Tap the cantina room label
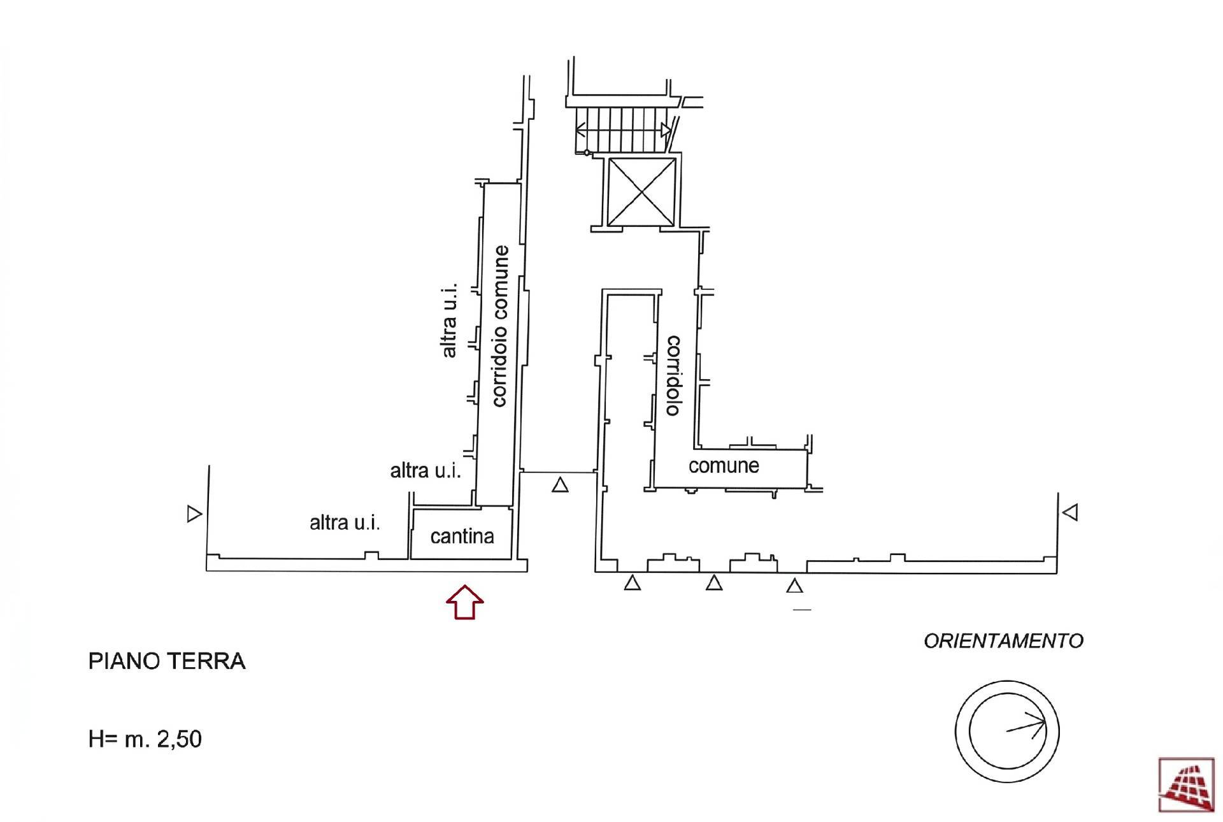462,537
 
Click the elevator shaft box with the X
641,192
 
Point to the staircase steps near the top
622,129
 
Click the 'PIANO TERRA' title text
166,661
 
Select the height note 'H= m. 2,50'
145,739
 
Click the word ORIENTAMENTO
1003,640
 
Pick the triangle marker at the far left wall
194,514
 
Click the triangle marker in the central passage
560,486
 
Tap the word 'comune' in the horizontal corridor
724,466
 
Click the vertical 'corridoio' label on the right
673,376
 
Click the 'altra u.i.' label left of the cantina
345,523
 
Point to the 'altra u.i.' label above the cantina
425,471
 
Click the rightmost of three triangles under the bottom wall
794,586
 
